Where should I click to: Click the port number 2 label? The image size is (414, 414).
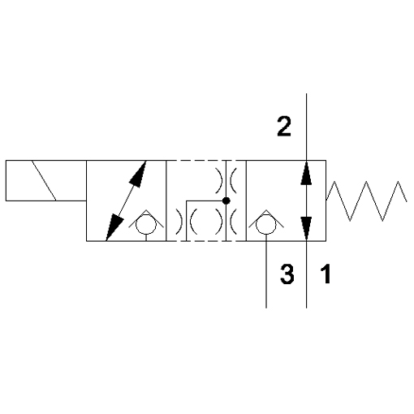point(284,126)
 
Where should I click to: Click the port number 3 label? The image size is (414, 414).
point(287,274)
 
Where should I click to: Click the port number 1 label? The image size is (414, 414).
point(326,274)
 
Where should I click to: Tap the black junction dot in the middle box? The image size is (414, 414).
point(226,201)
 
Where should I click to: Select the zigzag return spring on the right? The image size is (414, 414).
point(366,201)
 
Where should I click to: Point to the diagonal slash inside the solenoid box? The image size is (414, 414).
point(44,180)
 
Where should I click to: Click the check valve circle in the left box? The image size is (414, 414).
point(146,224)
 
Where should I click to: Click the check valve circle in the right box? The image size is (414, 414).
point(266,224)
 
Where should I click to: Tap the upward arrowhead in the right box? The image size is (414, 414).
point(306,174)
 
